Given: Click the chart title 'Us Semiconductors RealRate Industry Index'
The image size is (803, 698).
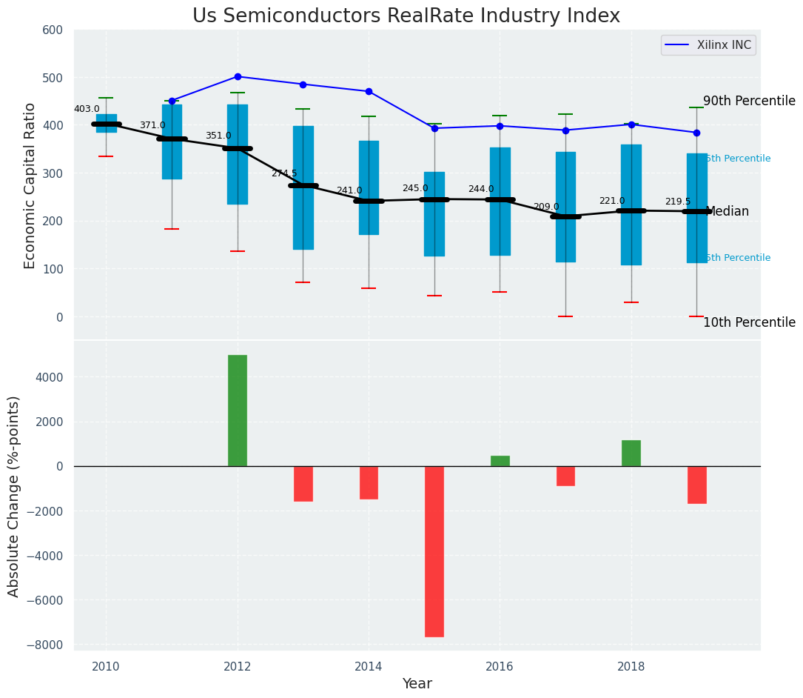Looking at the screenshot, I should click(406, 16).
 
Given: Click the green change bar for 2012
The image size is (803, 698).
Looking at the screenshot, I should click(238, 411).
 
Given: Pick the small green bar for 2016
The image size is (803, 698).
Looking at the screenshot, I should click(500, 461).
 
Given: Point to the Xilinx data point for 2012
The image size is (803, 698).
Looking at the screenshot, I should click(238, 76).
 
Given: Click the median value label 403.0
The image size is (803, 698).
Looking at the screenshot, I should click(87, 109).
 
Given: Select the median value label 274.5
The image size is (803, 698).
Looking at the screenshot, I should click(283, 173).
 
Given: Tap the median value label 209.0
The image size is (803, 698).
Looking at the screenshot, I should click(546, 207).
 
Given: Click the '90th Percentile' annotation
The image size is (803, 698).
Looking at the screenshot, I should click(748, 102).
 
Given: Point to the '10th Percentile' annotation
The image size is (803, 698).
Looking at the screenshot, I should click(748, 322).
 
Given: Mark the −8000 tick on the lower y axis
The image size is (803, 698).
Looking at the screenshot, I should click(46, 645).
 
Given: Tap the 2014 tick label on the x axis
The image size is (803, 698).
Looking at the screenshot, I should click(369, 666).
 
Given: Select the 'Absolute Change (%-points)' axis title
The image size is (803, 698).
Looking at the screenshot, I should click(14, 496).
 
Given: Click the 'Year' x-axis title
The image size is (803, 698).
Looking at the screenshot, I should click(417, 684).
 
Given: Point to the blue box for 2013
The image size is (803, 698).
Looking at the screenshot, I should click(303, 187).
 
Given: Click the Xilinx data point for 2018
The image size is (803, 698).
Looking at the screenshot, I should click(631, 124).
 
